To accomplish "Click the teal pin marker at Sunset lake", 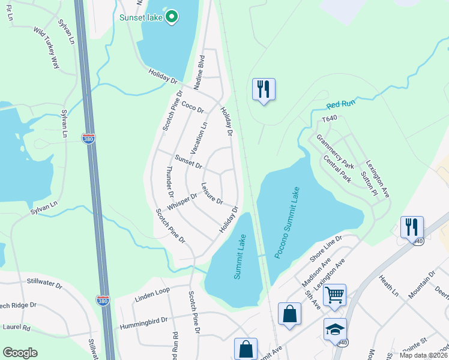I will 171,17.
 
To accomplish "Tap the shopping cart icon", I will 334,295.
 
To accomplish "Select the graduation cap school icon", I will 335,329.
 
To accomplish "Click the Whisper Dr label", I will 182,201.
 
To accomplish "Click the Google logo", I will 20,353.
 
